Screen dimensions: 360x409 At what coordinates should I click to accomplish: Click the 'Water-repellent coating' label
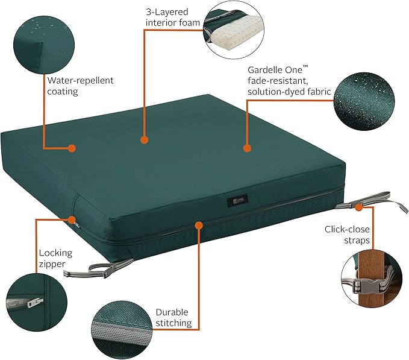click(80, 86)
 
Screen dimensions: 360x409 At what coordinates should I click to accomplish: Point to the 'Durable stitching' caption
click(173, 318)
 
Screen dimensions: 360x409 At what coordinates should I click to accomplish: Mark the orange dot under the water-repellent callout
click(72, 148)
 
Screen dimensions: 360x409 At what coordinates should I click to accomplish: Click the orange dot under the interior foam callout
click(144, 139)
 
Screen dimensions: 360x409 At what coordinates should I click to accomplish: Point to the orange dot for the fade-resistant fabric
click(246, 148)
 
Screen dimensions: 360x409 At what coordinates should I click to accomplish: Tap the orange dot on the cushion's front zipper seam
click(198, 225)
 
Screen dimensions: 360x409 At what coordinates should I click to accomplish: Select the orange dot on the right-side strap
click(359, 207)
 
